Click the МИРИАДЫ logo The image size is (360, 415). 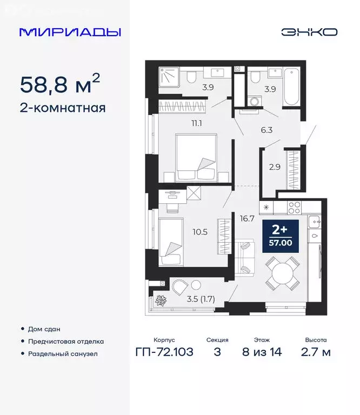tap(70, 32)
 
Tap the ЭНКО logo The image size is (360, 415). tap(309, 32)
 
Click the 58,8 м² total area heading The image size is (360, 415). tap(59, 84)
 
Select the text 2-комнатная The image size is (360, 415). tap(62, 108)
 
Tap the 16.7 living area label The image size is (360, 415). tap(248, 219)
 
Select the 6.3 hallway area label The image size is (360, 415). tap(267, 130)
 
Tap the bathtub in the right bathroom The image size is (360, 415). tap(290, 86)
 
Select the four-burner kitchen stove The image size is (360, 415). tap(295, 206)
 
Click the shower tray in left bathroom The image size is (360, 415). tap(172, 76)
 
